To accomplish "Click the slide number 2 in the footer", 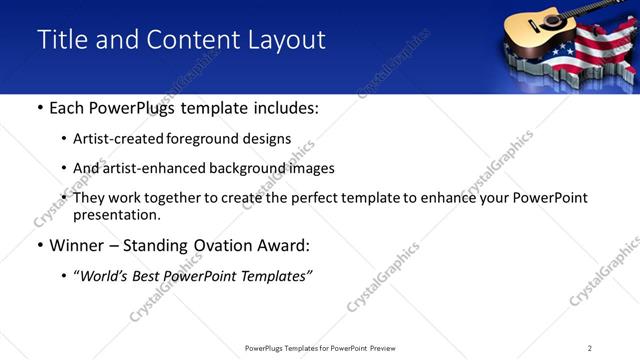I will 590,348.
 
